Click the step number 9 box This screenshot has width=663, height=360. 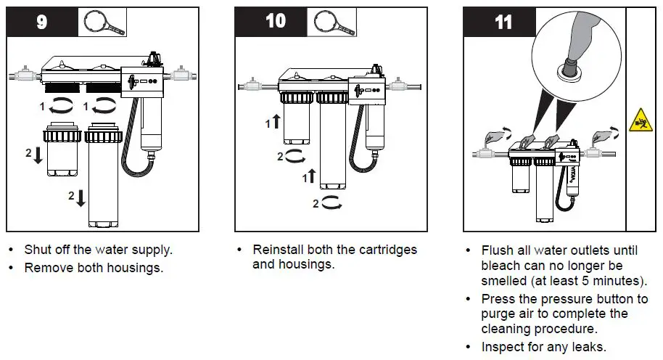pyautogui.click(x=41, y=22)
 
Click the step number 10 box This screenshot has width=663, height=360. pyautogui.click(x=275, y=22)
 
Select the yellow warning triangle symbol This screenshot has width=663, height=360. pyautogui.click(x=641, y=118)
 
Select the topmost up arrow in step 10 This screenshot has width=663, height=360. pyautogui.click(x=276, y=123)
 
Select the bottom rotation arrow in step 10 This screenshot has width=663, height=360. pyautogui.click(x=331, y=204)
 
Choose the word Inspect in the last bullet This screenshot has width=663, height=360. pyautogui.click(x=504, y=346)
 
